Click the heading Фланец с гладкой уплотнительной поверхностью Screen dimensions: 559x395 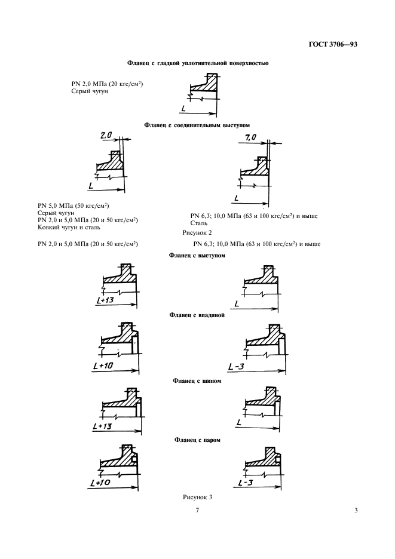[x=197, y=63]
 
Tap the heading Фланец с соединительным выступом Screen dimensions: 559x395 [x=197, y=125]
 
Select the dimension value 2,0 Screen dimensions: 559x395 [x=106, y=136]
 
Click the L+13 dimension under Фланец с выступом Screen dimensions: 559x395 [x=105, y=300]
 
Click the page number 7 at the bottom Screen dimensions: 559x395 [x=197, y=510]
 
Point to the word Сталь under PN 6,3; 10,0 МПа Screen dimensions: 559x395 [x=199, y=222]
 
